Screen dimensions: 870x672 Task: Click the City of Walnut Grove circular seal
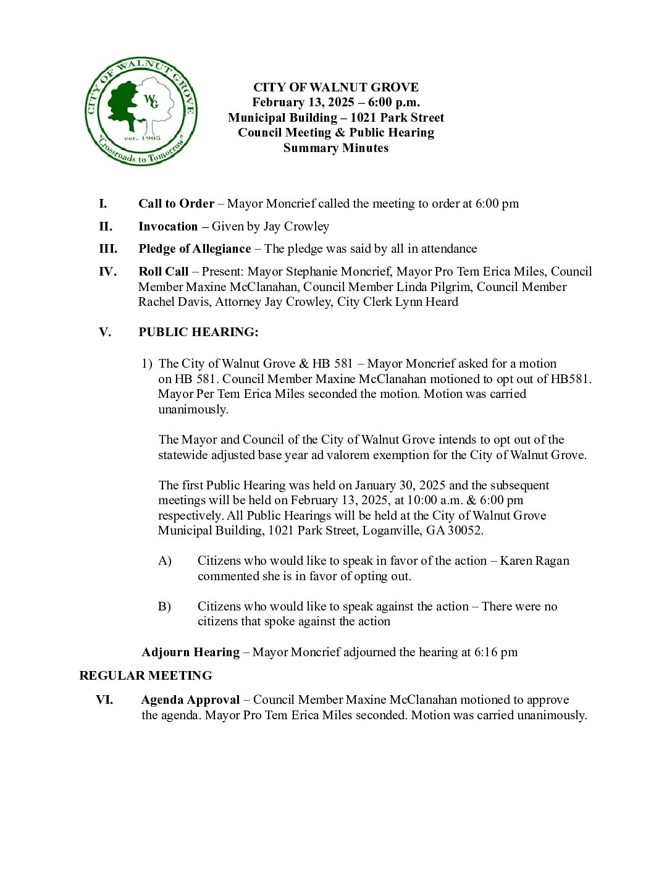click(x=141, y=112)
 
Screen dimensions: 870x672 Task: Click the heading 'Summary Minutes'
click(x=335, y=148)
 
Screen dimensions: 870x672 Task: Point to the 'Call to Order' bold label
click(x=176, y=204)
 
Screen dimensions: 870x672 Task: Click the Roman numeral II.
click(x=106, y=227)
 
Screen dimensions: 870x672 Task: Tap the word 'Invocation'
click(x=168, y=227)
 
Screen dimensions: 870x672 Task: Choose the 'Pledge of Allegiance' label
click(x=194, y=249)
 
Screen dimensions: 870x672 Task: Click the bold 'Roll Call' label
click(x=163, y=272)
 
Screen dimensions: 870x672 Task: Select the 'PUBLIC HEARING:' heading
click(x=198, y=332)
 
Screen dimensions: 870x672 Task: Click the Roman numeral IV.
click(x=107, y=272)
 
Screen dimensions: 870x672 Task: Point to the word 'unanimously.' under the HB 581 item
click(x=193, y=409)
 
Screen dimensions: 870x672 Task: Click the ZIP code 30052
click(x=464, y=531)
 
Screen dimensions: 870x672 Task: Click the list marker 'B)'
click(x=164, y=607)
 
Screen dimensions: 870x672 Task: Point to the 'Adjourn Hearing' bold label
click(x=190, y=652)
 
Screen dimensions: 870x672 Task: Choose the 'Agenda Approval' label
click(x=190, y=700)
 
